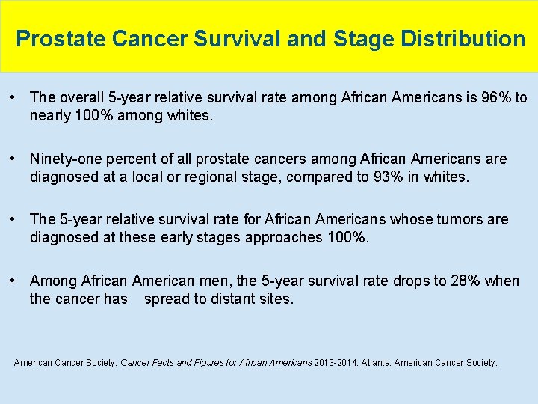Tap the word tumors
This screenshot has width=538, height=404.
coord(457,219)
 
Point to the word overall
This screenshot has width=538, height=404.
coord(82,97)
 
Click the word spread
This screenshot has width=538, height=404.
coord(164,299)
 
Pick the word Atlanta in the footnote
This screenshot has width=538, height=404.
coord(377,363)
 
